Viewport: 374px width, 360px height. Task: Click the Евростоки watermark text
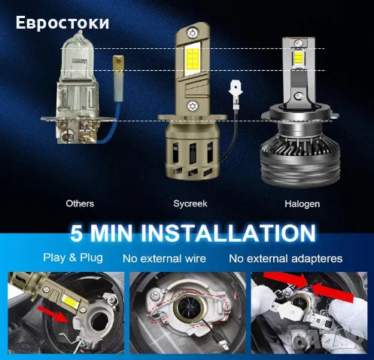[x=62, y=22]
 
